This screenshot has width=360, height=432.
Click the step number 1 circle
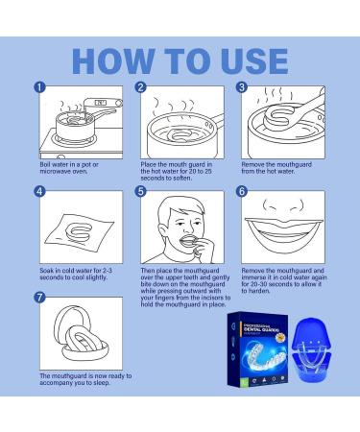click(39, 87)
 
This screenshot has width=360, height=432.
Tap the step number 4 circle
click(39, 191)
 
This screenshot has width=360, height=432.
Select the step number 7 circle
click(39, 298)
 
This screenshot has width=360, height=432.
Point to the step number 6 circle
click(242, 191)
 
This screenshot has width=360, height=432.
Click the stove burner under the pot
click(75, 139)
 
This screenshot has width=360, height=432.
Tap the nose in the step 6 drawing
click(283, 204)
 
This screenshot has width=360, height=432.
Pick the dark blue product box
click(257, 349)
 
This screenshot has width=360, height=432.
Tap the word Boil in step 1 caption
click(45, 164)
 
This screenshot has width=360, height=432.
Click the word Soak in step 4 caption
click(46, 271)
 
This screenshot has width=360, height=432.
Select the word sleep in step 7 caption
click(102, 383)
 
